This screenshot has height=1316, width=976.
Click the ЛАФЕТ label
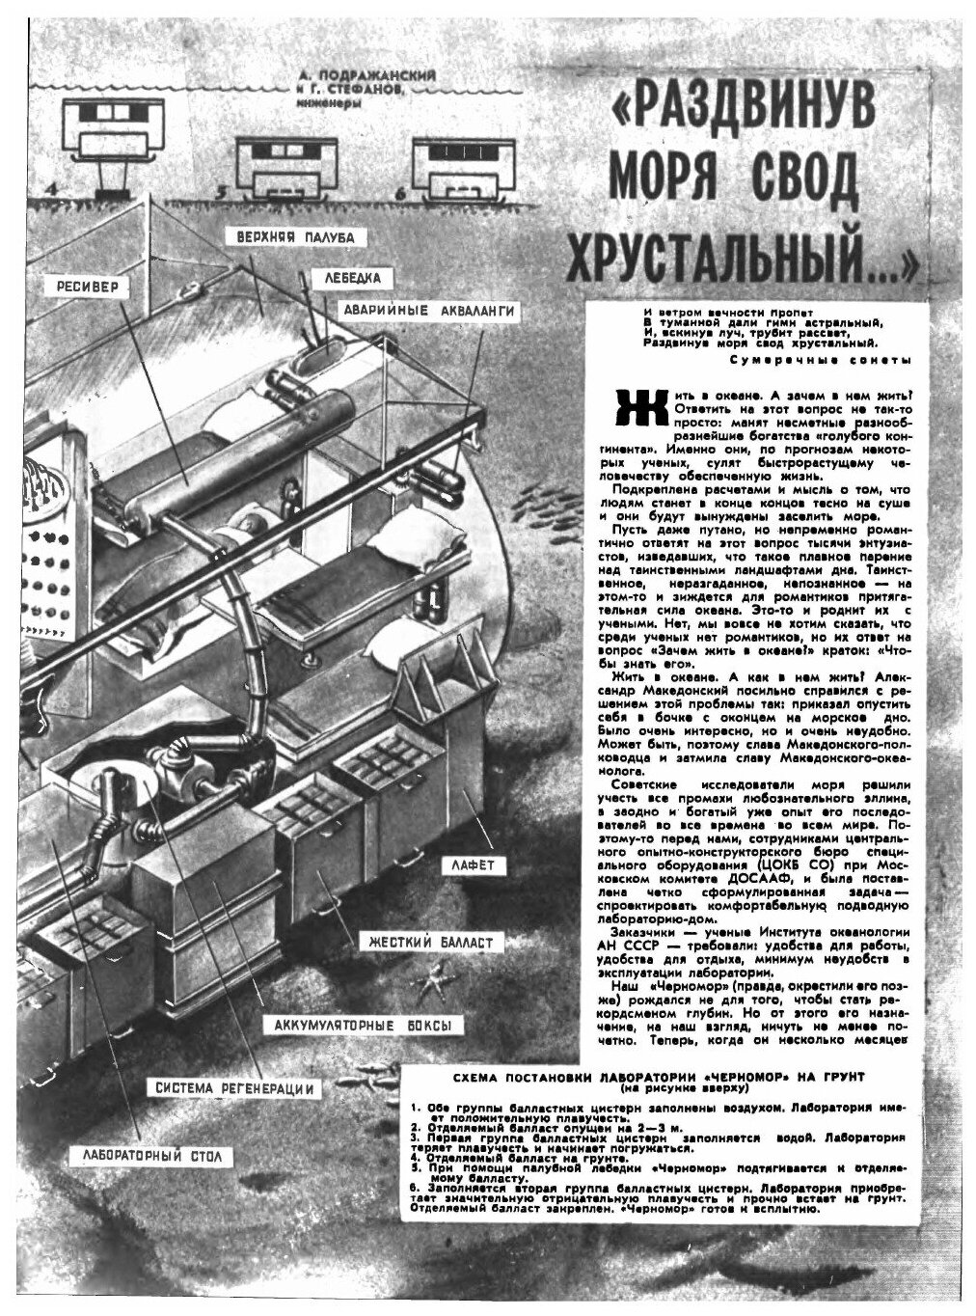point(474,865)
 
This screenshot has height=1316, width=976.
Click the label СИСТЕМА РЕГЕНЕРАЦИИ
point(236,1088)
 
